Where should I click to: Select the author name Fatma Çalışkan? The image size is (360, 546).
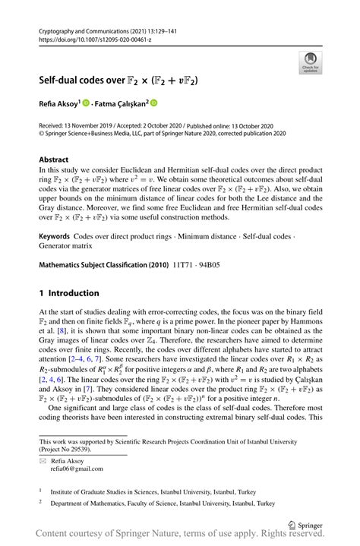(x=122, y=103)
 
